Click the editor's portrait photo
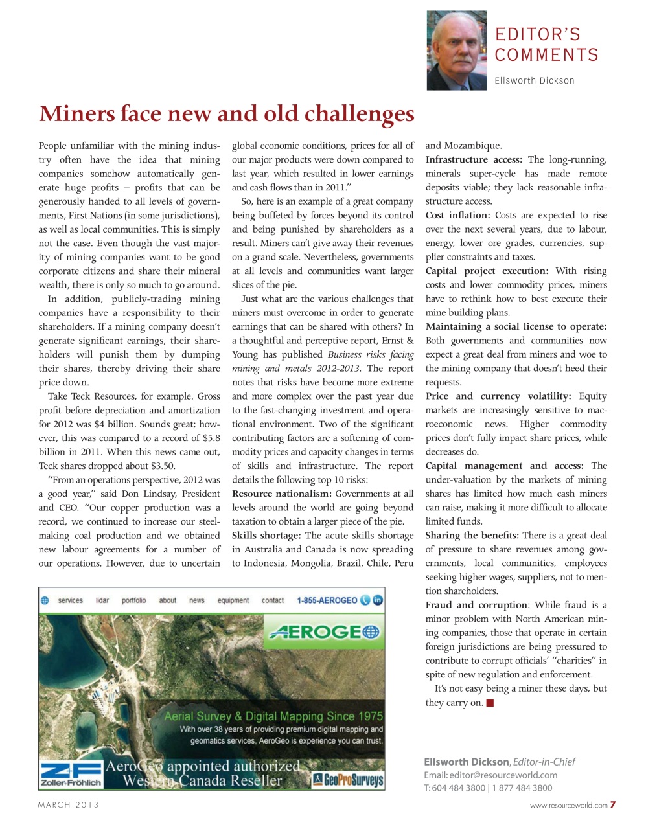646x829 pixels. point(456,50)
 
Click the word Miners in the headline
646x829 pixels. point(76,114)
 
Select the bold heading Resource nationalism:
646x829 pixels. point(282,494)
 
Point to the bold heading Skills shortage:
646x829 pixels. point(266,536)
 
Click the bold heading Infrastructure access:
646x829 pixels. point(474,160)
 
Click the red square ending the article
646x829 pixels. point(490,703)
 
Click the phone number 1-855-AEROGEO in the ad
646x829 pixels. point(327,600)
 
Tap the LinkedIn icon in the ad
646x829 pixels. point(378,600)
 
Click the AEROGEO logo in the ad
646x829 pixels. point(325,632)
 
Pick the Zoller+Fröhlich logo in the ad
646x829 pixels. point(71,774)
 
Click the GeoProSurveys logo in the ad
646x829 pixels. point(348,779)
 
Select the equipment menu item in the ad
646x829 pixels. point(233,600)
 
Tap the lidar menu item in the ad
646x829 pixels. point(102,600)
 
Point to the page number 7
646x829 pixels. point(612,805)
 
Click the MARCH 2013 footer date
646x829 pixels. point(69,805)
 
